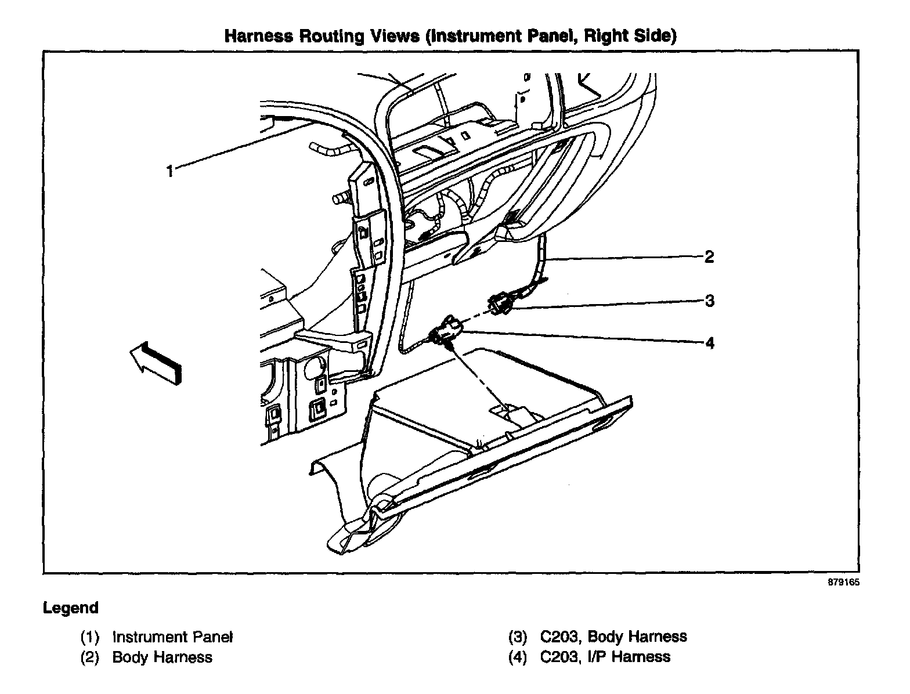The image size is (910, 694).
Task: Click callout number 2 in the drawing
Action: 709,256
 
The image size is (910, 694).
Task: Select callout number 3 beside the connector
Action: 709,301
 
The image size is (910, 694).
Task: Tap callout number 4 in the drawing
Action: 709,343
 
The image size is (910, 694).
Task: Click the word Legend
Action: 71,608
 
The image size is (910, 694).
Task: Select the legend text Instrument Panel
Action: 172,637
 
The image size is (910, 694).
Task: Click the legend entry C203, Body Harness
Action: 613,637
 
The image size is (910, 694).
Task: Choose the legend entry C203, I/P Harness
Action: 605,657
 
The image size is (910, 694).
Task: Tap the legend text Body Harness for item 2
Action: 162,657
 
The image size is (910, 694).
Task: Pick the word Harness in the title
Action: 258,36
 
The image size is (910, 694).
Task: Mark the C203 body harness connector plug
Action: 500,305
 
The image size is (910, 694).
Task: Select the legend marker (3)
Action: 518,637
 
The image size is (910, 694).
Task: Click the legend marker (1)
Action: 90,637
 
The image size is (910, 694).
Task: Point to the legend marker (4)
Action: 518,657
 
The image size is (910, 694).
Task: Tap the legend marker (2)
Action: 90,657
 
